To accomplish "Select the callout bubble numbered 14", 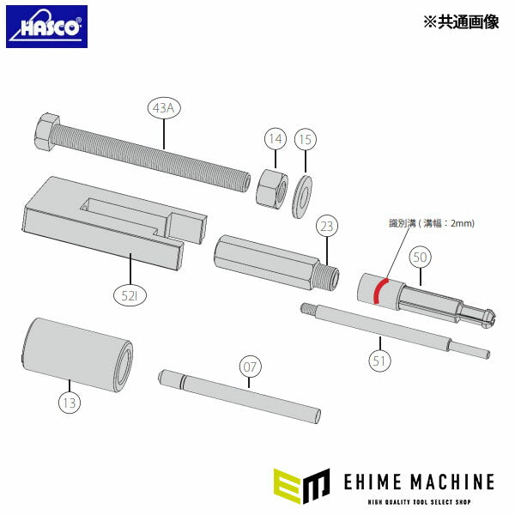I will click(x=274, y=137).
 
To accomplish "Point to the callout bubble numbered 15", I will click(x=305, y=137).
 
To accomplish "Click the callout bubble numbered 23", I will click(x=327, y=227).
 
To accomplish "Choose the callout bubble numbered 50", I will click(x=420, y=256).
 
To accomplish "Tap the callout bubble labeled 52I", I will click(x=130, y=297).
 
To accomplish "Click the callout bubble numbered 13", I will click(x=69, y=399).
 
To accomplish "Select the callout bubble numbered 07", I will click(x=249, y=368).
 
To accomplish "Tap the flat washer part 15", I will click(x=302, y=194).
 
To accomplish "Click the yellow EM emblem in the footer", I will click(x=301, y=483).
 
